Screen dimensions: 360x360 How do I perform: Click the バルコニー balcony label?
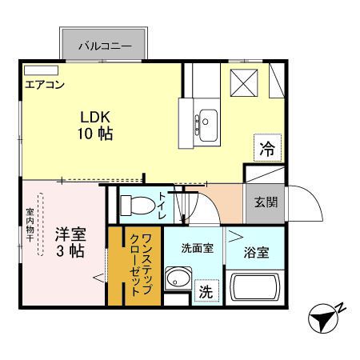point(104,46)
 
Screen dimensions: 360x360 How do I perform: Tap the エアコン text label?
point(45,84)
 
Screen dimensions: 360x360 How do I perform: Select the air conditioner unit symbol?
point(41,70)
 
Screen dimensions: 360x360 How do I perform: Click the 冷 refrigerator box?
point(266,147)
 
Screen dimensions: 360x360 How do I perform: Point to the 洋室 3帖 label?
point(71,242)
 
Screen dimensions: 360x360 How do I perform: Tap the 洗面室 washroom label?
point(197,248)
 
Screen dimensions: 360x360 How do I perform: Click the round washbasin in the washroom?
point(178,282)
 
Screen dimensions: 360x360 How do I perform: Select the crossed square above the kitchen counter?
point(242,82)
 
